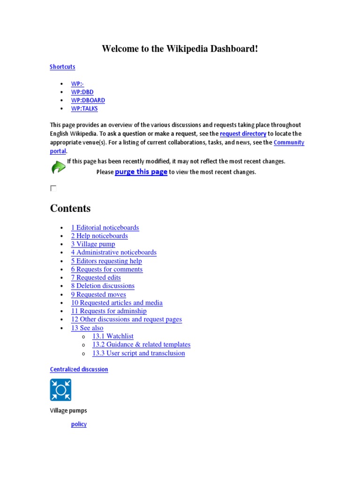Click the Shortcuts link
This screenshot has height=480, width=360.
(x=62, y=67)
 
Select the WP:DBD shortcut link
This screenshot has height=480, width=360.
(x=82, y=92)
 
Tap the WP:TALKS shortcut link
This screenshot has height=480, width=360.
(x=84, y=109)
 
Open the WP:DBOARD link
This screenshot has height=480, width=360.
(x=88, y=100)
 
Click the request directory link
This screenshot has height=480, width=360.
(x=243, y=134)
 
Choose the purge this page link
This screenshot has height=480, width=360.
(x=141, y=172)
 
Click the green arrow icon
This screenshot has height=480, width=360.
(x=58, y=167)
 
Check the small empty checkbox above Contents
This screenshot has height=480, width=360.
(x=53, y=188)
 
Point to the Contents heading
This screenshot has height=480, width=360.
(x=70, y=209)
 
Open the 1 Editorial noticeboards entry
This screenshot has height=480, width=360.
(x=105, y=228)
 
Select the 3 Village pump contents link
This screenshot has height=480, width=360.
(x=93, y=244)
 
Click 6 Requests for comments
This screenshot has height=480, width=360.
(x=107, y=270)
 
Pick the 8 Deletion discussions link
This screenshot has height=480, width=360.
(x=103, y=286)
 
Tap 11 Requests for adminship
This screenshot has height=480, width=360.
(x=109, y=311)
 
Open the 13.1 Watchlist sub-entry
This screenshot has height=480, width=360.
(x=112, y=336)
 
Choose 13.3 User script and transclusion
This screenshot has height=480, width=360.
(x=138, y=353)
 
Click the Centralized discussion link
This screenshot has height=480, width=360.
(x=79, y=369)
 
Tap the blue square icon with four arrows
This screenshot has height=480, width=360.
(x=60, y=390)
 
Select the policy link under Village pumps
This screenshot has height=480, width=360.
(x=79, y=424)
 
